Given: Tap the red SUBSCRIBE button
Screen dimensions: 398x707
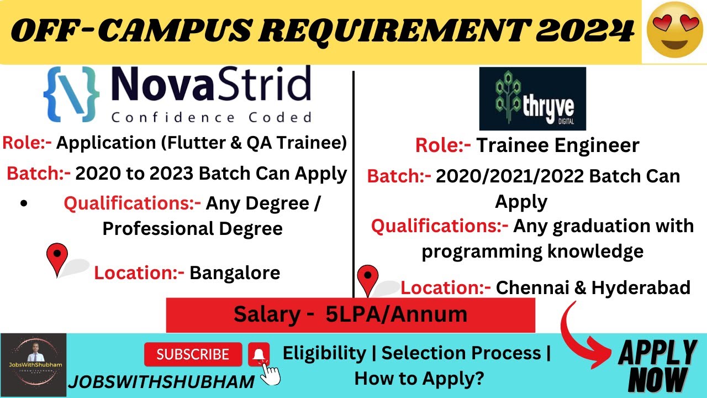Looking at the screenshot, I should coord(193,354).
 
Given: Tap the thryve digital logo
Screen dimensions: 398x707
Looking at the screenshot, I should coord(532,99).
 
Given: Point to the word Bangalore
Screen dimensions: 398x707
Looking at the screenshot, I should coord(235,273).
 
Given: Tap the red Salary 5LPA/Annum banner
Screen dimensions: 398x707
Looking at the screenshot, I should coord(350,315).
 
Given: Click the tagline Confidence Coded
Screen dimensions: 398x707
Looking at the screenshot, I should coord(211,117).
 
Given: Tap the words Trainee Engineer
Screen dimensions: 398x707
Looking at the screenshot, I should coord(557,145).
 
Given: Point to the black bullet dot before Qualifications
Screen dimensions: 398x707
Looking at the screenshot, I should coord(24,203).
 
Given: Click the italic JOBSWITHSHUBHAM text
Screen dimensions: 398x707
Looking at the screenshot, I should coord(161,381).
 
